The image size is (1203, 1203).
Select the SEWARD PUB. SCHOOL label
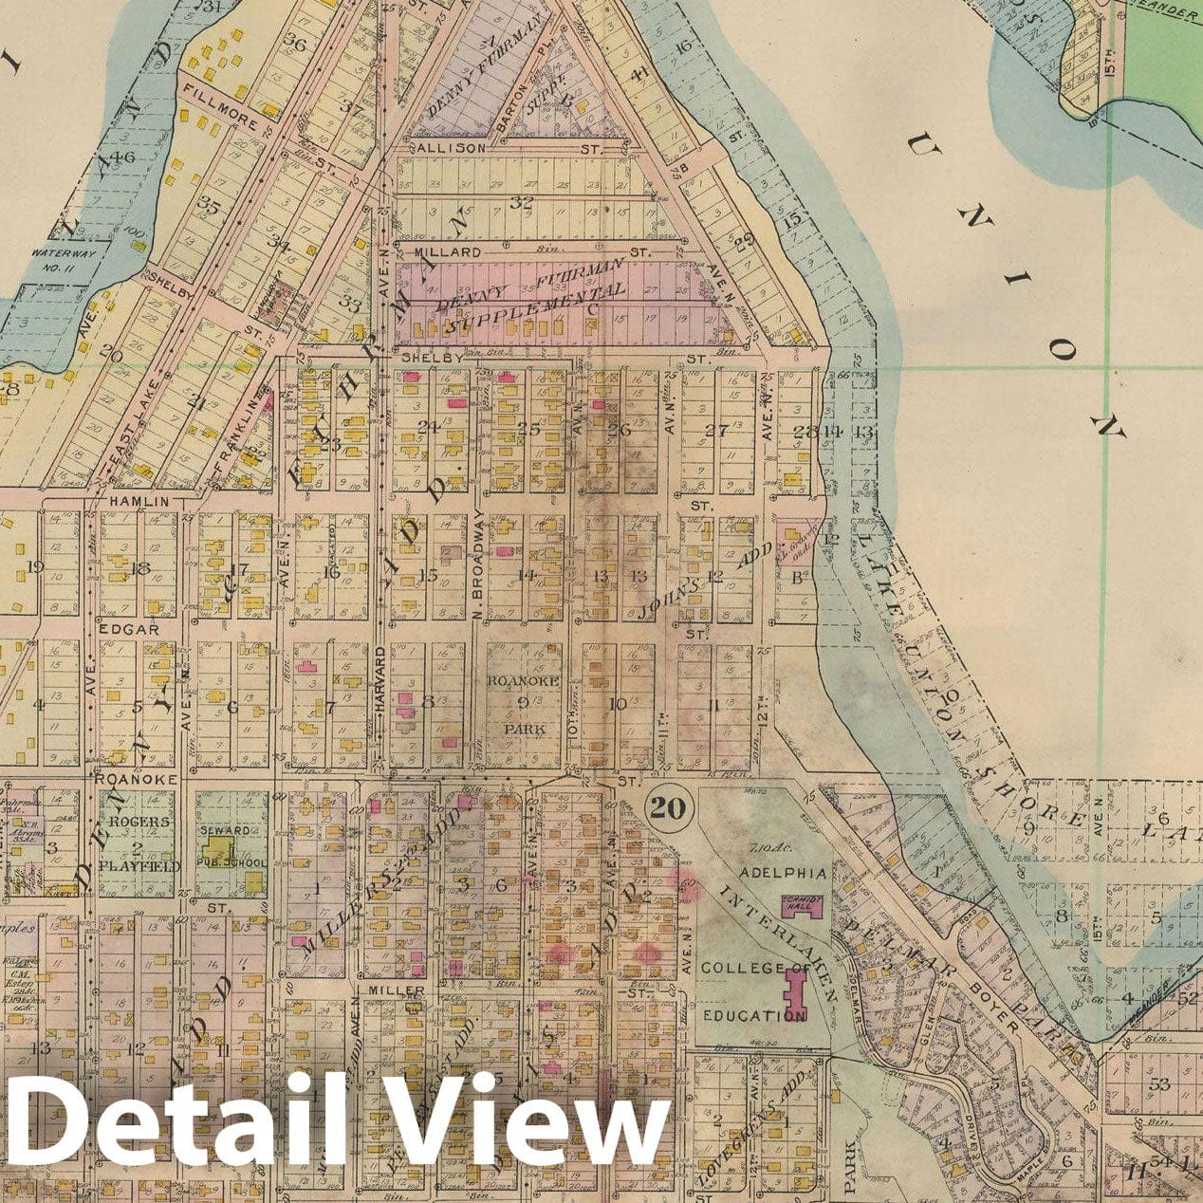(224, 840)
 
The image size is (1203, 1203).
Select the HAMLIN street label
(139, 501)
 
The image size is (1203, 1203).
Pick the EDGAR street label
(125, 628)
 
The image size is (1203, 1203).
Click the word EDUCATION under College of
(754, 1015)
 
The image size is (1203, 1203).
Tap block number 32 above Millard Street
(521, 201)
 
